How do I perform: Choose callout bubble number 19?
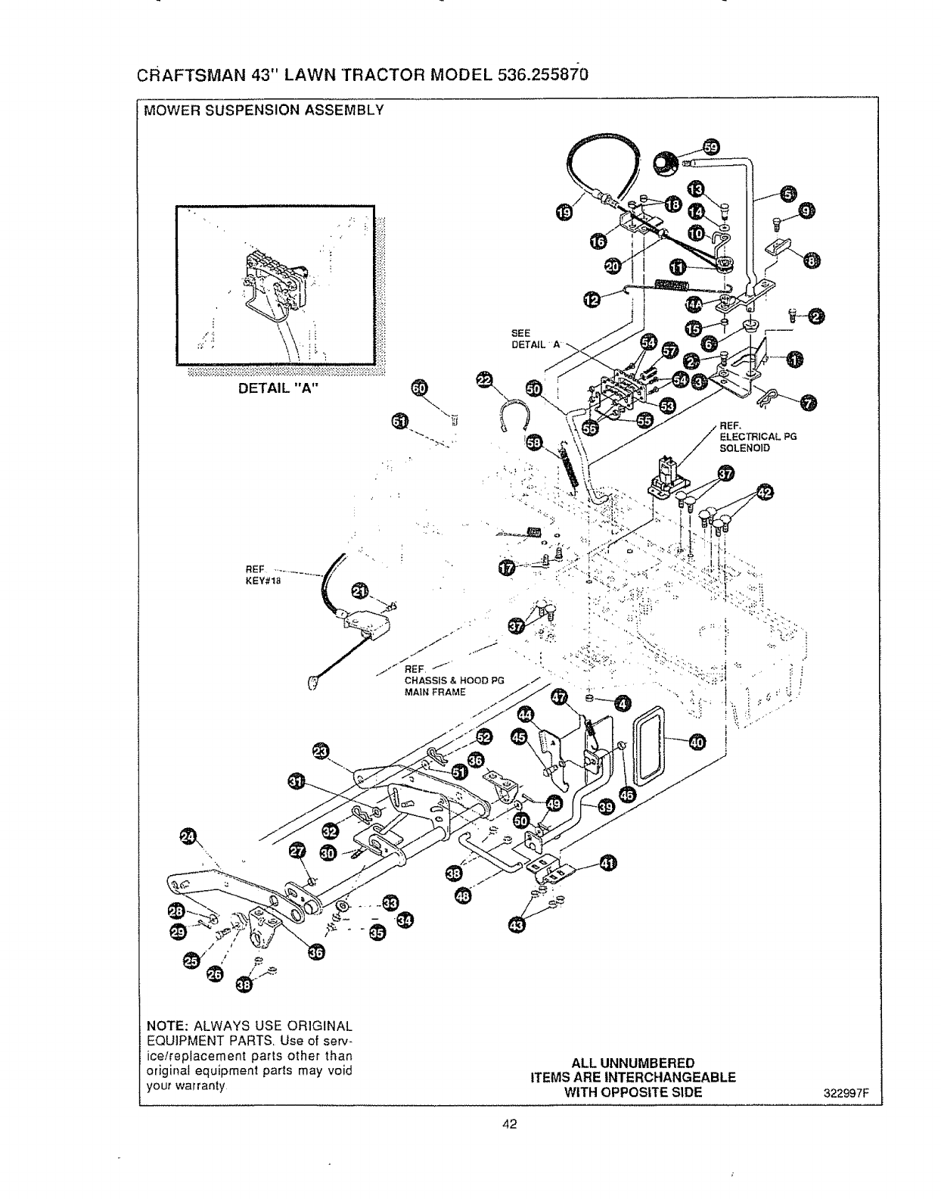564,214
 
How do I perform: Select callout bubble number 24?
187,836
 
